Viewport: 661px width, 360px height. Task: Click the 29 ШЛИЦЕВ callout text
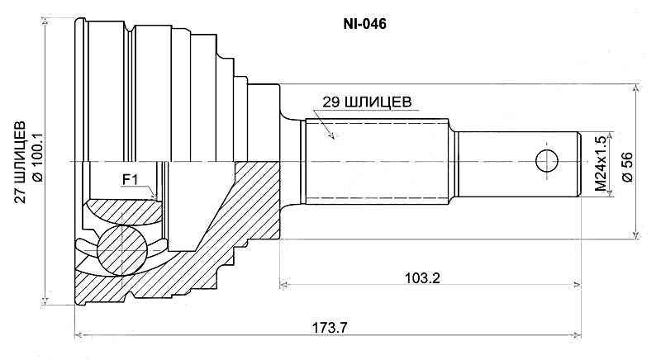click(x=361, y=102)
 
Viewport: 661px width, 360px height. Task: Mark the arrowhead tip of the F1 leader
click(x=159, y=198)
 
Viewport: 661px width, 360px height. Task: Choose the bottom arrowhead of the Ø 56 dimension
click(x=636, y=237)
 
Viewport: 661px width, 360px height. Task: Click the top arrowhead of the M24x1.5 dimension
click(x=611, y=132)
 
